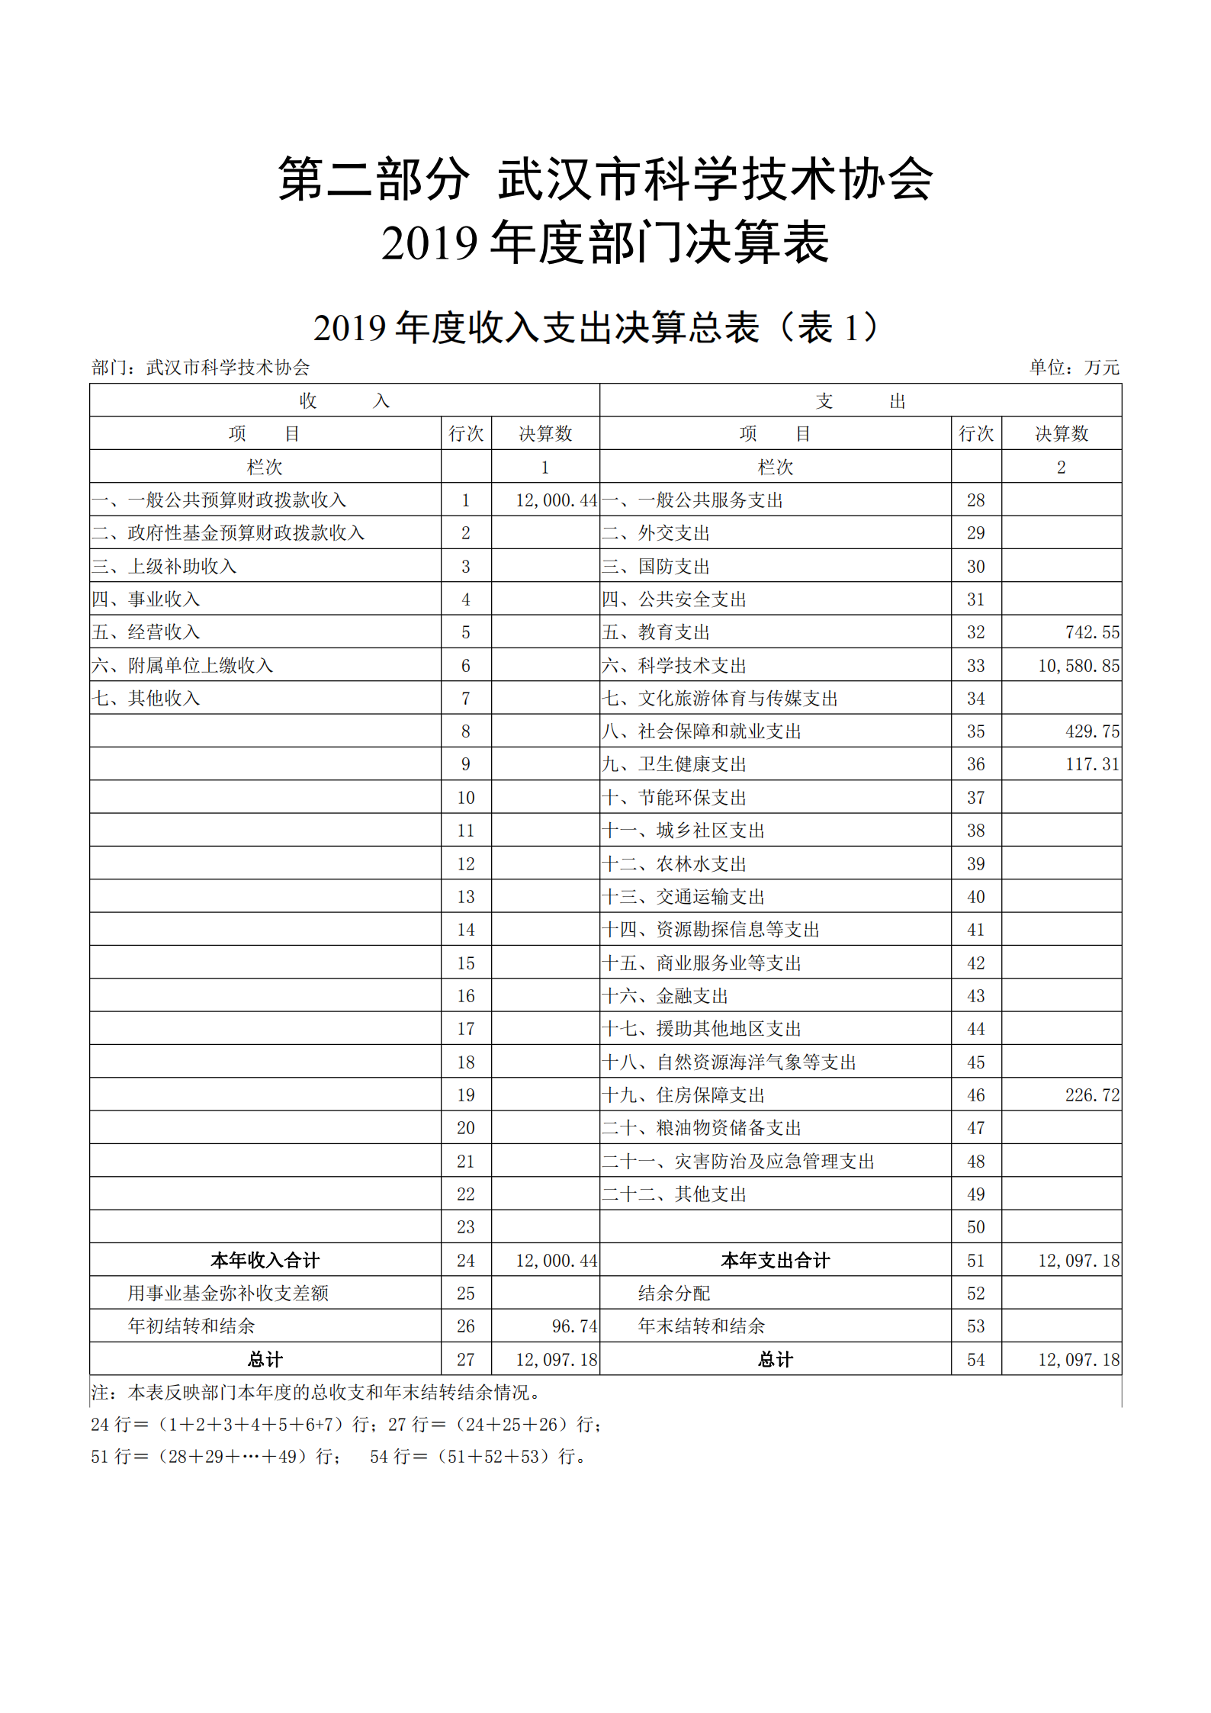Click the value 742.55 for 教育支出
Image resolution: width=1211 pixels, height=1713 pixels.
pyautogui.click(x=1092, y=632)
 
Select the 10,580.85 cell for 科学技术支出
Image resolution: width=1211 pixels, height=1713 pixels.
pyautogui.click(x=1078, y=666)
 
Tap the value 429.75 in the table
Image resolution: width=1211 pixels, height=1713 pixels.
pyautogui.click(x=1092, y=731)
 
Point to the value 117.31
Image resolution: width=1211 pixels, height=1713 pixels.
pyautogui.click(x=1092, y=764)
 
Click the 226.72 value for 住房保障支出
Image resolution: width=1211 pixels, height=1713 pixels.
pyautogui.click(x=1092, y=1095)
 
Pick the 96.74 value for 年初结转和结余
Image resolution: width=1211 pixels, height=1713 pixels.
pyautogui.click(x=574, y=1326)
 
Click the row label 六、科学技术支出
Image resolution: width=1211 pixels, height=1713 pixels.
pyautogui.click(x=673, y=666)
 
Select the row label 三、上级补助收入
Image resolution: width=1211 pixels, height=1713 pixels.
pyautogui.click(x=164, y=566)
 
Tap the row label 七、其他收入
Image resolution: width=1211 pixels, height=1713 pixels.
pyautogui.click(x=146, y=699)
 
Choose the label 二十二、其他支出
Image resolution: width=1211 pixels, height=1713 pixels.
pyautogui.click(x=673, y=1194)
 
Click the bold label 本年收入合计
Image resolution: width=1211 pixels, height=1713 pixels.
pyautogui.click(x=265, y=1261)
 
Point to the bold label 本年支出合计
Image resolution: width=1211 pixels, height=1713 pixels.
pyautogui.click(x=775, y=1261)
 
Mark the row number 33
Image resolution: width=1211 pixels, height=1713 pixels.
pyautogui.click(x=975, y=666)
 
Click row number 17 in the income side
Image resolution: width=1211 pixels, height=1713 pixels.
pyautogui.click(x=465, y=1029)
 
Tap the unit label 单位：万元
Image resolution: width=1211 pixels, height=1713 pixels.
pyautogui.click(x=1074, y=368)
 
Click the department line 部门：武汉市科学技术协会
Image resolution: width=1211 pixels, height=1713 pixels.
pyautogui.click(x=201, y=368)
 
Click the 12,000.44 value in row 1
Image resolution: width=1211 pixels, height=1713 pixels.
pyautogui.click(x=556, y=500)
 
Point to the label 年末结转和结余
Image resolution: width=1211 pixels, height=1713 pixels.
pyautogui.click(x=701, y=1326)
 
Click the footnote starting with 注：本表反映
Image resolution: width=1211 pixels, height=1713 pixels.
pyautogui.click(x=316, y=1393)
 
